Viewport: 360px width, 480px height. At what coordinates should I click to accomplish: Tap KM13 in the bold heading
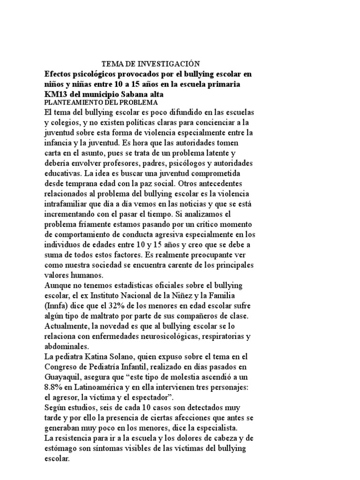point(55,94)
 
